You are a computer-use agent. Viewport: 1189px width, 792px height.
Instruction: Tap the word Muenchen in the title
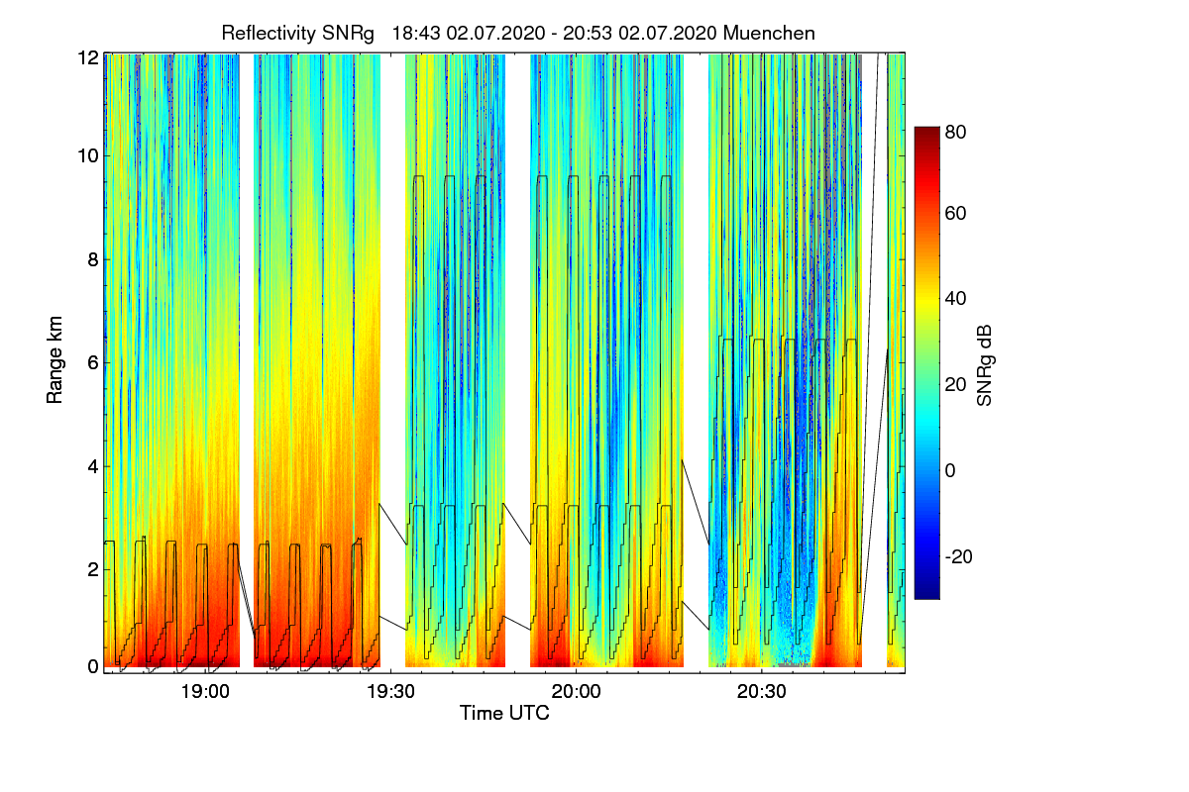[x=769, y=33]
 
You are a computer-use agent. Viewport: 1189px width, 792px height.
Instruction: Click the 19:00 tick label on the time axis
[x=205, y=691]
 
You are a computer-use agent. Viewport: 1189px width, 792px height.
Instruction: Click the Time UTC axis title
[x=503, y=713]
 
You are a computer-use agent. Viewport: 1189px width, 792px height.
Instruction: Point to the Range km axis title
[x=56, y=361]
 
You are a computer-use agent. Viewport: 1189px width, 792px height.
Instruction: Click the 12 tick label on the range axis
[x=87, y=58]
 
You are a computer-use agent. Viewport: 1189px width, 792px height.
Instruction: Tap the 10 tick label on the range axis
[x=87, y=155]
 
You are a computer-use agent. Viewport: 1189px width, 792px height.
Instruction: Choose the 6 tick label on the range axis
[x=91, y=363]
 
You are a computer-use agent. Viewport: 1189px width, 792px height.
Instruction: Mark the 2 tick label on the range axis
[x=91, y=569]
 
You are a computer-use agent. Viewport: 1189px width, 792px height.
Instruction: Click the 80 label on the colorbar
[x=956, y=129]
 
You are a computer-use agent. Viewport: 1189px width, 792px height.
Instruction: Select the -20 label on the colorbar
[x=959, y=556]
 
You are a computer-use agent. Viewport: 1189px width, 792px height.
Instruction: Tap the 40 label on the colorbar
[x=956, y=299]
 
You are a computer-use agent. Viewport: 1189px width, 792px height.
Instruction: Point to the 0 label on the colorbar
[x=951, y=470]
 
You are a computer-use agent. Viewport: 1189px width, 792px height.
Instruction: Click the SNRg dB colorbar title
[x=984, y=363]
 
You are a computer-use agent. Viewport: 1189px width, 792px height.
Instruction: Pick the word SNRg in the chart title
[x=348, y=33]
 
